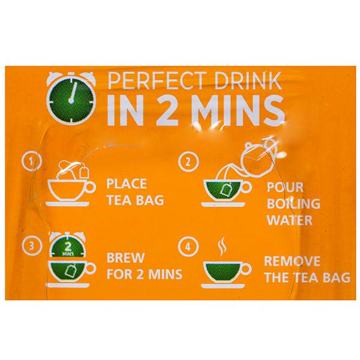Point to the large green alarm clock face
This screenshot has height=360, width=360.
coord(71,100)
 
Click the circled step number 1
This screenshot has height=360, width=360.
coord(32,161)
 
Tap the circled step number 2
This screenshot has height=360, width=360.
coord(188,162)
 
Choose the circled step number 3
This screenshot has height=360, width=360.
coord(32,246)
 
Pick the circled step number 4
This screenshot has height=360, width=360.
coord(188,247)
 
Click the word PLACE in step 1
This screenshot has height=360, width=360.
coord(127,184)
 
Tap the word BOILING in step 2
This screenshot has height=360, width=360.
coord(293,203)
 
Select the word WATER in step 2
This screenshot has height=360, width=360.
coord(290,220)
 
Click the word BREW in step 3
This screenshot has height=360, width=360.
coord(125,258)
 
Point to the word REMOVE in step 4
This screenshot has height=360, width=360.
coord(292,261)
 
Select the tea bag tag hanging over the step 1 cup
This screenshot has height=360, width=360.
coord(84,172)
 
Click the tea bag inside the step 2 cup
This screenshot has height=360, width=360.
coord(227,190)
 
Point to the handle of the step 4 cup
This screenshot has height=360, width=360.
coord(247,269)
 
